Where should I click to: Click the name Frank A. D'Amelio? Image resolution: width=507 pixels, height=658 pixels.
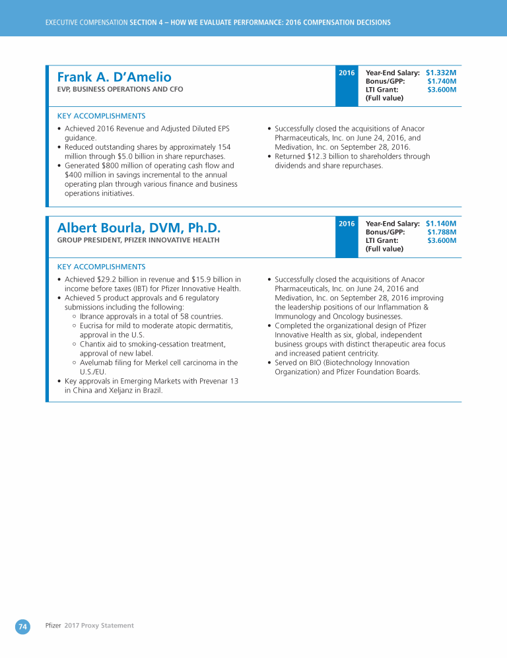tap(114, 77)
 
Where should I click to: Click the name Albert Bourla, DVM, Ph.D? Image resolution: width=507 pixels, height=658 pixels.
tap(139, 228)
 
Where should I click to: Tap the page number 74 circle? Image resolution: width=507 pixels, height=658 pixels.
tap(22, 627)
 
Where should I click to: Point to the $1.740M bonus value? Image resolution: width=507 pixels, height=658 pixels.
tap(442, 81)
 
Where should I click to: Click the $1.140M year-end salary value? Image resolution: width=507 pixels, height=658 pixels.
tap(441, 224)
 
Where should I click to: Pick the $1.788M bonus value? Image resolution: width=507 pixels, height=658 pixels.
tap(442, 232)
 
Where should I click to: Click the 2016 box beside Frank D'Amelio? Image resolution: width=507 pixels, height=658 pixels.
tap(347, 73)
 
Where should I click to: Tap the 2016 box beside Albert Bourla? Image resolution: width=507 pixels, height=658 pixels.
tap(347, 224)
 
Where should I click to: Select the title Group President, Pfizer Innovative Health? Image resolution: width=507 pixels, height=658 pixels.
tap(139, 240)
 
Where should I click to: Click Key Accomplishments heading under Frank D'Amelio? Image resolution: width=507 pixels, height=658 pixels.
tap(102, 115)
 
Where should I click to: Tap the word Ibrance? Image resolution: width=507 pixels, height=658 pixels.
tap(92, 317)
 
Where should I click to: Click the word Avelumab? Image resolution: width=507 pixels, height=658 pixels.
tap(98, 363)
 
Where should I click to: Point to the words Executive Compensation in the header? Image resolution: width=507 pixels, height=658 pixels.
tap(86, 23)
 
